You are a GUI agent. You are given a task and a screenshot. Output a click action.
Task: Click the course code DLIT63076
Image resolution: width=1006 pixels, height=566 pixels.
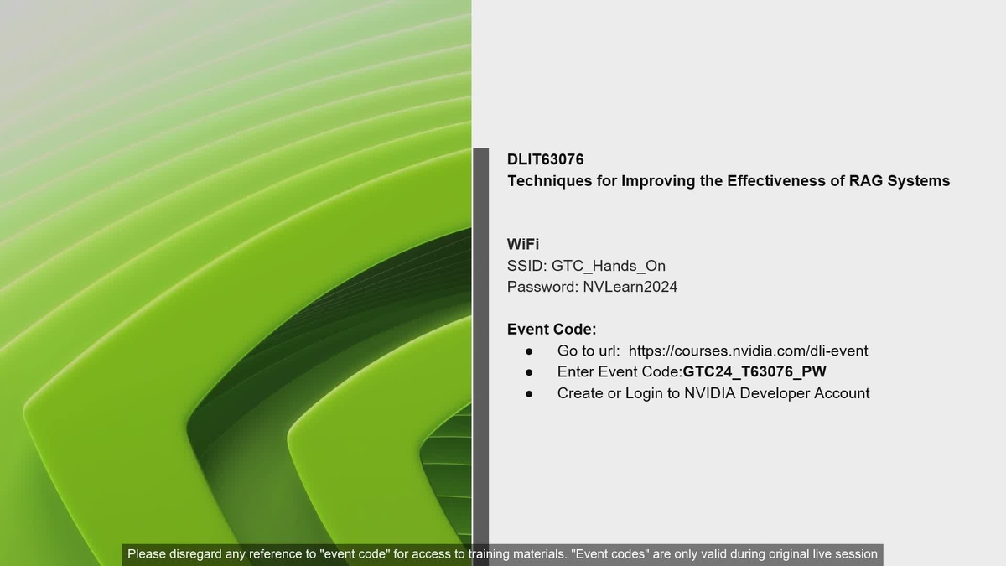click(546, 159)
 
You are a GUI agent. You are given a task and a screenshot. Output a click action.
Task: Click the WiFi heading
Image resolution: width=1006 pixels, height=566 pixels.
click(523, 244)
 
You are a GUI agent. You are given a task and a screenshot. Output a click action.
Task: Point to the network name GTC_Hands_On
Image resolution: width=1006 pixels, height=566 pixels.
click(609, 266)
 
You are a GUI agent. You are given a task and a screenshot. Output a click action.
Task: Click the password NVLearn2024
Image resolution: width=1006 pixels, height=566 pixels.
click(630, 287)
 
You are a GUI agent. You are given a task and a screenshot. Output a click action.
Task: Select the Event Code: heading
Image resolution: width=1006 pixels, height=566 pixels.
click(552, 330)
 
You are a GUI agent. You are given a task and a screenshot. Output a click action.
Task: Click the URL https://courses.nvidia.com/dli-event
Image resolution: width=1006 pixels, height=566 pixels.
click(748, 351)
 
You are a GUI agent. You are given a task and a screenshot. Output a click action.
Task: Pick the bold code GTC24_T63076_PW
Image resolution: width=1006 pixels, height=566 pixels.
click(754, 371)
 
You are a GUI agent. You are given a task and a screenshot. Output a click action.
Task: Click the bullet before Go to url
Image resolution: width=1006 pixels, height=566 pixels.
click(529, 351)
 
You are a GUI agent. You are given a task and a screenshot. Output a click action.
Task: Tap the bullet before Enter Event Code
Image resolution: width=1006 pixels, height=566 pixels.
click(529, 372)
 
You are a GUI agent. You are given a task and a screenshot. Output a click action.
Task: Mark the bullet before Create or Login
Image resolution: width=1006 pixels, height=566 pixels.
click(529, 393)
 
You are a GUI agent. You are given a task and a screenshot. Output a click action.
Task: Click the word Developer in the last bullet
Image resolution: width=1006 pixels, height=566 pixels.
click(775, 393)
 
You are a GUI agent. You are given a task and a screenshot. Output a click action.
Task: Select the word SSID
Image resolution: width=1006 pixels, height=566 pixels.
click(526, 266)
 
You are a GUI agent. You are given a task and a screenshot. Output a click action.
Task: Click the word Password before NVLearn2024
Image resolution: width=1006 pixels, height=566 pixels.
click(542, 287)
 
